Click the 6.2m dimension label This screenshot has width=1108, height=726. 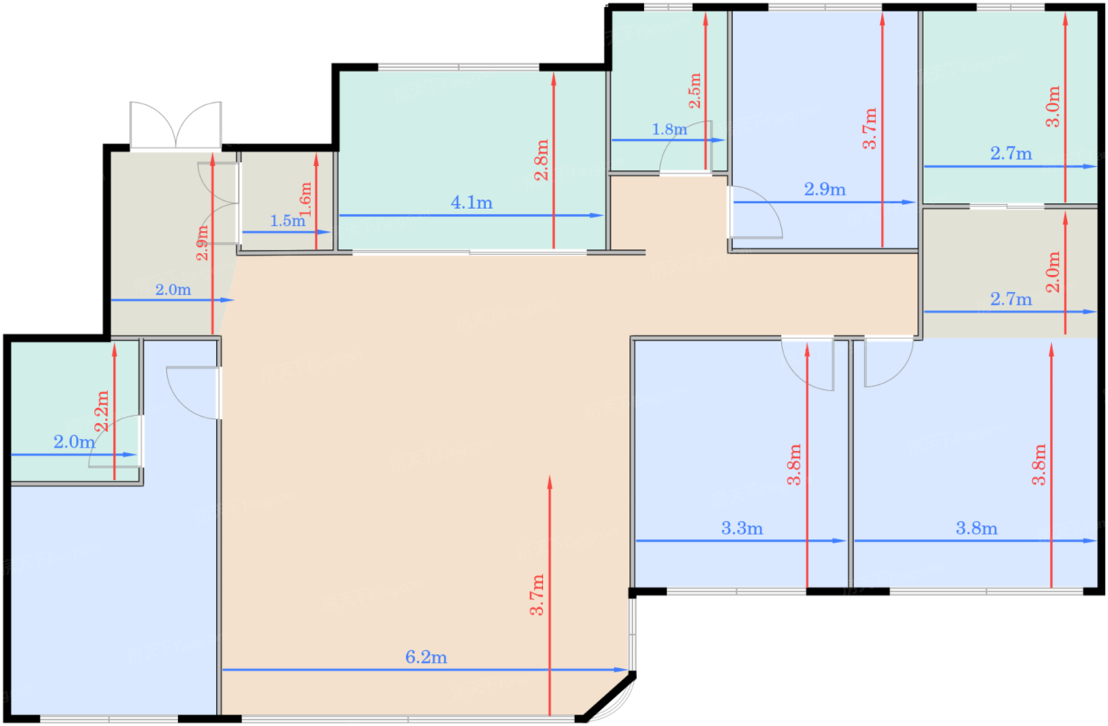click(x=426, y=657)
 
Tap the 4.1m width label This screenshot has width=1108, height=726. click(x=472, y=202)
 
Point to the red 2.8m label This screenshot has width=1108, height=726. click(x=541, y=160)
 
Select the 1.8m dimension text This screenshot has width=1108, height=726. click(x=670, y=130)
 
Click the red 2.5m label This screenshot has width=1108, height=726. click(x=695, y=90)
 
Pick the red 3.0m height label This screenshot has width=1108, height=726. click(x=1053, y=106)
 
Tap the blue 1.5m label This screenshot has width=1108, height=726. click(x=287, y=221)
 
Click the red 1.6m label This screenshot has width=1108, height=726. click(x=305, y=199)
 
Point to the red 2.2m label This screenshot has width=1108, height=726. click(x=101, y=411)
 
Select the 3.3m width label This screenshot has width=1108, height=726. click(x=742, y=527)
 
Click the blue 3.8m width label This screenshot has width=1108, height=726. click(x=977, y=527)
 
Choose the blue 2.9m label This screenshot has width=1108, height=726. click(x=825, y=189)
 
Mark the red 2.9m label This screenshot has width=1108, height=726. click(x=203, y=243)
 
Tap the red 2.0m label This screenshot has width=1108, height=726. click(x=1053, y=271)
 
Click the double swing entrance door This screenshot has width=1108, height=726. click(x=176, y=125)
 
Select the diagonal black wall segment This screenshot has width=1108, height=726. click(x=609, y=698)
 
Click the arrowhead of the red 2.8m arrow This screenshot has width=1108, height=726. click(x=553, y=79)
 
